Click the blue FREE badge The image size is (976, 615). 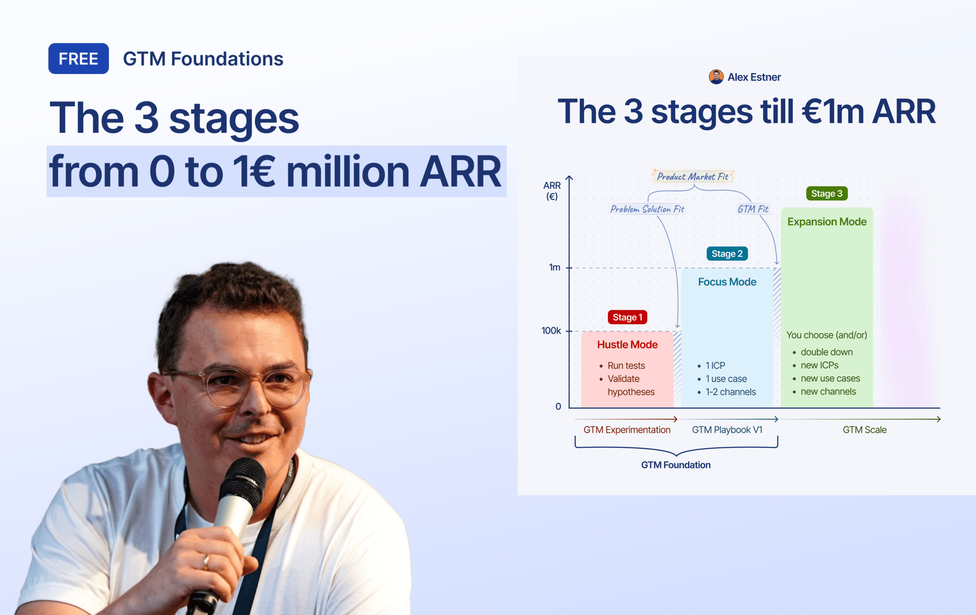tap(78, 58)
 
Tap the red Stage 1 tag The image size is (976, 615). tap(627, 317)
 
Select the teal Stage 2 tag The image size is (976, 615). tap(727, 253)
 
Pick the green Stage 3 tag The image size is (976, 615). tap(827, 193)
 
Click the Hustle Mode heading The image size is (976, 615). tap(627, 344)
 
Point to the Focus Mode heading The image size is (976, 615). tap(727, 282)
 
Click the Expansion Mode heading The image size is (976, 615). tap(827, 222)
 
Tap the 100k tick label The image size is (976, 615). tap(551, 331)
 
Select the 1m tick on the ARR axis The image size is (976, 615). tap(555, 267)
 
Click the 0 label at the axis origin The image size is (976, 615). tap(558, 406)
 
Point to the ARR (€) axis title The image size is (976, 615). tap(552, 191)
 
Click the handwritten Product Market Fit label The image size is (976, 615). tap(692, 177)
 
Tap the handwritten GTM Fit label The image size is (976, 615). tap(753, 209)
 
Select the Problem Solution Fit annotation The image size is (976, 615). tap(647, 209)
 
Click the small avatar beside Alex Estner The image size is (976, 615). tap(716, 77)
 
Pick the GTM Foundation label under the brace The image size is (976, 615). tap(676, 465)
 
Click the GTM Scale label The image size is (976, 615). tap(864, 430)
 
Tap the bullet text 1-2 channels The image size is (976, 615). tap(730, 392)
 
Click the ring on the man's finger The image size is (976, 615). tap(206, 561)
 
